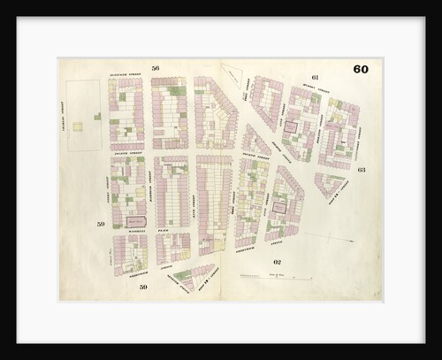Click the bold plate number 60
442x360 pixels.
pyautogui.click(x=361, y=70)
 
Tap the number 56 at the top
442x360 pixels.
pyautogui.click(x=155, y=68)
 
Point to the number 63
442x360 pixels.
pyautogui.click(x=362, y=168)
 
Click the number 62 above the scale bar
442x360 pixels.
pyautogui.click(x=277, y=263)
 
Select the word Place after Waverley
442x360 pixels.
pyautogui.click(x=163, y=228)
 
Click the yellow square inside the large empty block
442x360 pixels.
pyautogui.click(x=78, y=126)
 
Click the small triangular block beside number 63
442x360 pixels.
pyautogui.click(x=331, y=183)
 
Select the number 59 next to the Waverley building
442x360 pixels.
pyautogui.click(x=101, y=225)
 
